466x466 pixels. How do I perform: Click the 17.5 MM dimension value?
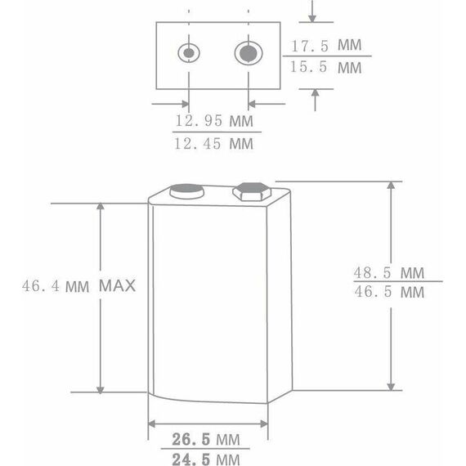[326, 45]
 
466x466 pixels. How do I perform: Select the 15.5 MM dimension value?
[325, 67]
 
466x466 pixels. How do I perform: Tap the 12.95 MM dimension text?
[214, 121]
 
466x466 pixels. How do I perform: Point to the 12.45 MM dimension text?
[213, 144]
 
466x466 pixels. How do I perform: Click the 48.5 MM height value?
[388, 272]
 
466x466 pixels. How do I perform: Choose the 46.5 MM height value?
[389, 292]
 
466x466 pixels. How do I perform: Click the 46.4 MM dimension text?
[56, 286]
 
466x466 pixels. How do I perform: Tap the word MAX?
[117, 285]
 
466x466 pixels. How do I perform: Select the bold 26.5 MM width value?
[206, 439]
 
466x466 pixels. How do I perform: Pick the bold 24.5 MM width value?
[206, 459]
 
